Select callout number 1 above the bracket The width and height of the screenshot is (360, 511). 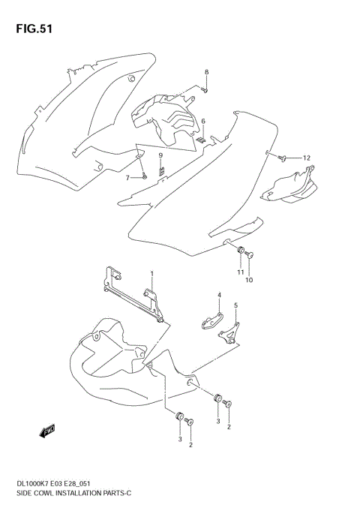151,274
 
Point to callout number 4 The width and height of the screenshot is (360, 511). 220,295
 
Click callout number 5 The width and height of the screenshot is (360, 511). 235,305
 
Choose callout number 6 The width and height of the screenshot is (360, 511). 202,121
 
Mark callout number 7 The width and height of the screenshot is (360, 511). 127,177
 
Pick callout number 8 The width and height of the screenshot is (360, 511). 207,72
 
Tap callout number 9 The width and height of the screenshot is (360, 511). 160,155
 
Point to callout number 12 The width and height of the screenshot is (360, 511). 306,158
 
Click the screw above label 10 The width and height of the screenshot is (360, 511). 250,256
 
